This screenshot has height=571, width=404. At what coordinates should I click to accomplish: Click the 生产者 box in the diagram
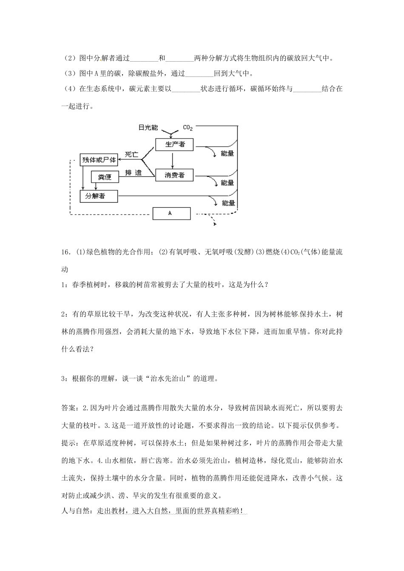point(175,144)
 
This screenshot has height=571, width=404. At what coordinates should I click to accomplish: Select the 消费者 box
point(174,175)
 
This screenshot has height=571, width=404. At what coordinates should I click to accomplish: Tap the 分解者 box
point(98,196)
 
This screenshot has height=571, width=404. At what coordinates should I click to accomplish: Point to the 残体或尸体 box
point(98,160)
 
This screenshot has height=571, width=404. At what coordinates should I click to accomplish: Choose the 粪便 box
point(105,177)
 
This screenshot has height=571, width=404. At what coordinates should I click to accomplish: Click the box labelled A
point(171,213)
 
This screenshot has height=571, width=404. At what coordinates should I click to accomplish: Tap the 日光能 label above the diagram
point(148,127)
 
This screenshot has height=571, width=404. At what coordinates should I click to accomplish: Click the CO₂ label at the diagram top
point(188,127)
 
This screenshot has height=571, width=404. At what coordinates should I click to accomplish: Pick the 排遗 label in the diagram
point(133,173)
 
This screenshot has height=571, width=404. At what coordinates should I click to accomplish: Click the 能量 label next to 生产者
point(228,153)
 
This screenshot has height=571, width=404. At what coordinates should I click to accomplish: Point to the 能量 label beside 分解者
point(228,203)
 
